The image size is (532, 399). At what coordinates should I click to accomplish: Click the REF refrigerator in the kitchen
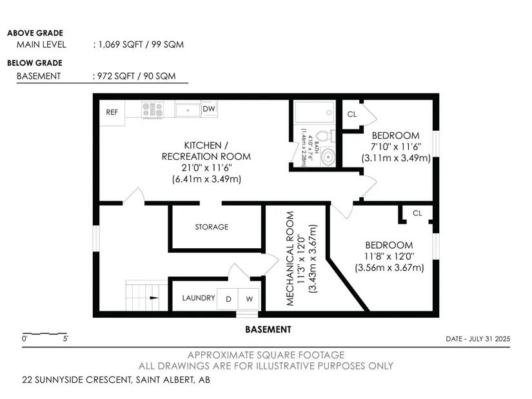coord(112,113)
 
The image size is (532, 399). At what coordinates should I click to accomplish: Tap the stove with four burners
coord(152,110)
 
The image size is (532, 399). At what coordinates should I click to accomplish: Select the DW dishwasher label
coord(209,109)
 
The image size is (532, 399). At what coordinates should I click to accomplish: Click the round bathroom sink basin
coord(328,157)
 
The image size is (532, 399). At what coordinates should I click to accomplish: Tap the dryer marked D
coord(228,299)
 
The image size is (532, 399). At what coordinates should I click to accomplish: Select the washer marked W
coord(249,299)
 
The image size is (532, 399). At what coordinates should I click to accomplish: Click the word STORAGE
coord(212,227)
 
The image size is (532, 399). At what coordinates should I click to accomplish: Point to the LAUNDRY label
coord(199,298)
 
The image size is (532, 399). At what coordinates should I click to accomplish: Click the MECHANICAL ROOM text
coord(290,258)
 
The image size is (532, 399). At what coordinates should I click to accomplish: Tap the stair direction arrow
coord(154,298)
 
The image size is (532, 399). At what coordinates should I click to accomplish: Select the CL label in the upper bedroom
coord(352,114)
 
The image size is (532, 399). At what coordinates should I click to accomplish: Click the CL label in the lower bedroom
coord(417,213)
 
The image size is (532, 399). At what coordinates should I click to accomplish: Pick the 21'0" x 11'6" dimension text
coord(206,168)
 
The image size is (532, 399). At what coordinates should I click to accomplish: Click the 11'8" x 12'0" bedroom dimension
coord(389,256)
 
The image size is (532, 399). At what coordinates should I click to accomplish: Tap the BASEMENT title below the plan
coord(268,329)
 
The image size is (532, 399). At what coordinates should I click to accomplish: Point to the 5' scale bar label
coord(66,338)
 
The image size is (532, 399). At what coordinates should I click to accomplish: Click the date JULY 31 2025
coord(489,338)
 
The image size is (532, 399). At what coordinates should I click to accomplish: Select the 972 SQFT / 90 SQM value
coord(137,76)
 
